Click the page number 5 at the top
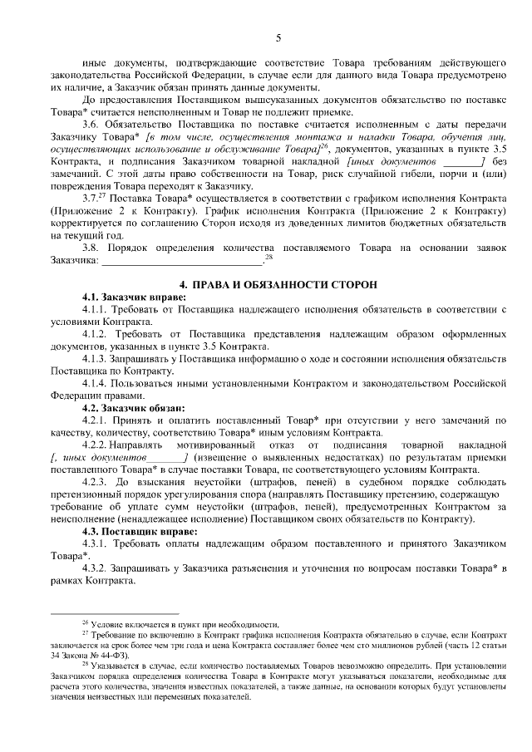coord(278,37)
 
